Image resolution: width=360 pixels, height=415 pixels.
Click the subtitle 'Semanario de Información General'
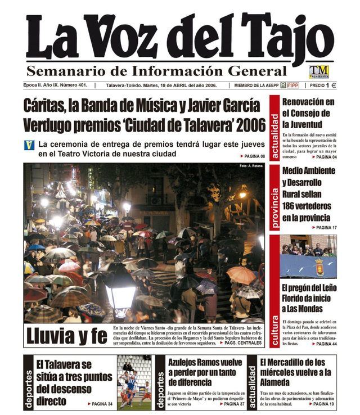156,71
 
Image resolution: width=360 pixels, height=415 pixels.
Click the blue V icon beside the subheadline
29,145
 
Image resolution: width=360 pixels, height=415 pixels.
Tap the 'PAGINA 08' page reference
253,156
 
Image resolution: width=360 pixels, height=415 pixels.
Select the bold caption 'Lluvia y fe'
66,336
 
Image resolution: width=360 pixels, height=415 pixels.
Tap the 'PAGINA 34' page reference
100,404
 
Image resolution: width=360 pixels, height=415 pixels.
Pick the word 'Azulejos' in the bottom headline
187,363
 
